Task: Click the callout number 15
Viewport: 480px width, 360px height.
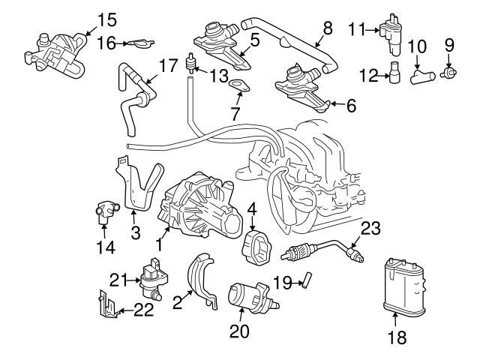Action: (108, 18)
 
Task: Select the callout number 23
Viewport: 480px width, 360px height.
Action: (370, 228)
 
